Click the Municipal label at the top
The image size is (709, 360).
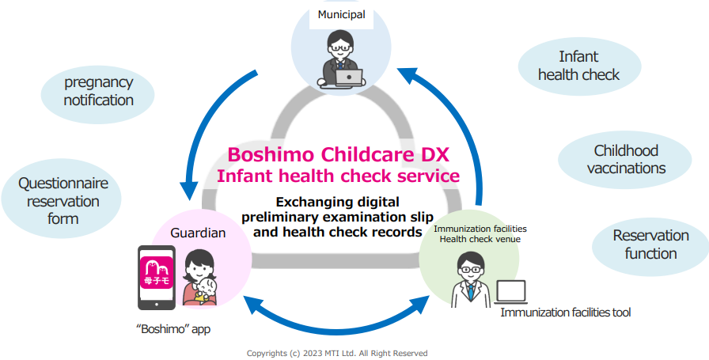[341, 14]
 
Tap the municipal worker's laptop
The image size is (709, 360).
[349, 78]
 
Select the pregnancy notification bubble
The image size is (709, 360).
[97, 94]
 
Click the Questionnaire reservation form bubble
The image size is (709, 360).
[62, 201]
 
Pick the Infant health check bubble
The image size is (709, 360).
[578, 66]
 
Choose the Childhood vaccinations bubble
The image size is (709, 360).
[626, 159]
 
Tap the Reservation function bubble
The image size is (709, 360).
[650, 244]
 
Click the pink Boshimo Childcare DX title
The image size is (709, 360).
[338, 154]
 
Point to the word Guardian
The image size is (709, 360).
[198, 233]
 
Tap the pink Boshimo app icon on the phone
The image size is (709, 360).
[157, 273]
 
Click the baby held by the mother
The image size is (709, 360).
[207, 291]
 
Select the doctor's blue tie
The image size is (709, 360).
[471, 291]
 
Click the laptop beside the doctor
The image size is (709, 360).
[511, 292]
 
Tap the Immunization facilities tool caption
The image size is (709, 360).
[565, 312]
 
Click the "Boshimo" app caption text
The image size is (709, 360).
[173, 329]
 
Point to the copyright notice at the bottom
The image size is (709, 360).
[337, 353]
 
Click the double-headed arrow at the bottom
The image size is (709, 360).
[337, 317]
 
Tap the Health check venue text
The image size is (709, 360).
[480, 239]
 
